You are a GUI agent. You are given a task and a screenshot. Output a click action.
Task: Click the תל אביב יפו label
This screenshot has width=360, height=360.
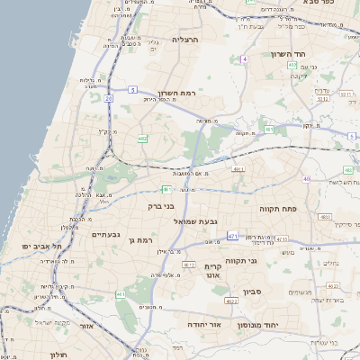tap(43, 246)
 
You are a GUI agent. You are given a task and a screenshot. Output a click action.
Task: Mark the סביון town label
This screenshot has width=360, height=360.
tap(255, 293)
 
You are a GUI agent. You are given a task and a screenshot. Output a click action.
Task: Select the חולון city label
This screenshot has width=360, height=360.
tap(58, 355)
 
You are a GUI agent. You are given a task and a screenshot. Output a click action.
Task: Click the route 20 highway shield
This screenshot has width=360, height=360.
tap(109, 98)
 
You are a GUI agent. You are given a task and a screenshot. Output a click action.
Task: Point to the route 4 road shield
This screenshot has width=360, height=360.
tap(244, 58)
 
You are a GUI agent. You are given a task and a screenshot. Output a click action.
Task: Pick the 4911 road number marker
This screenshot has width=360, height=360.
tap(238, 168)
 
